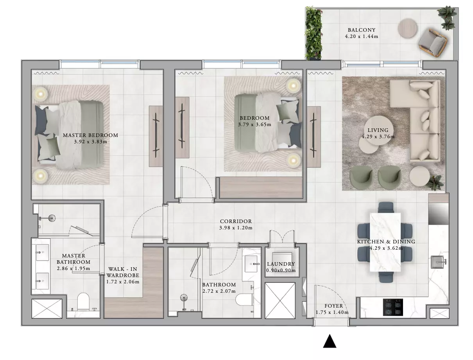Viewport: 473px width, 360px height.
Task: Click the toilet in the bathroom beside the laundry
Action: click(244, 300)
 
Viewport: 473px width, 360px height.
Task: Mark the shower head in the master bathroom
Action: click(52, 218)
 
